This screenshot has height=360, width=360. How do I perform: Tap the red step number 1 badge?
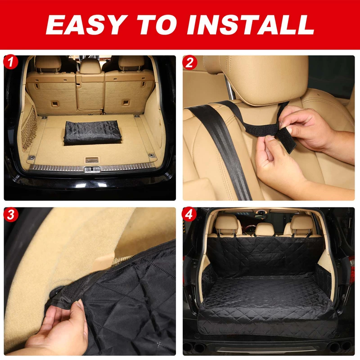pyautogui.click(x=11, y=62)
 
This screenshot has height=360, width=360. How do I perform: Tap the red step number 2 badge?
pyautogui.click(x=189, y=62)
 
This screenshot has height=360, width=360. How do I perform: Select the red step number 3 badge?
pyautogui.click(x=11, y=214)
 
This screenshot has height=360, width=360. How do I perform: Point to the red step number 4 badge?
pyautogui.click(x=189, y=214)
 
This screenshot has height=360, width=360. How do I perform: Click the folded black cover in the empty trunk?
pyautogui.click(x=92, y=132)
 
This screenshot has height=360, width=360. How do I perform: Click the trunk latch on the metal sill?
pyautogui.click(x=91, y=169)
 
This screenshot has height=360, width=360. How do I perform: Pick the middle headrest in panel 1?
pyautogui.click(x=90, y=66)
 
